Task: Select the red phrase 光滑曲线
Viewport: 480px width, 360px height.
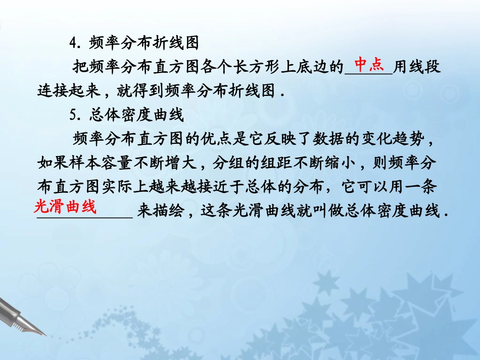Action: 66,206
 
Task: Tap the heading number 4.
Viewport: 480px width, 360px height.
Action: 74,44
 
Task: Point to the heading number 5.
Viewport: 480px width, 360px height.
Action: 74,116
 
